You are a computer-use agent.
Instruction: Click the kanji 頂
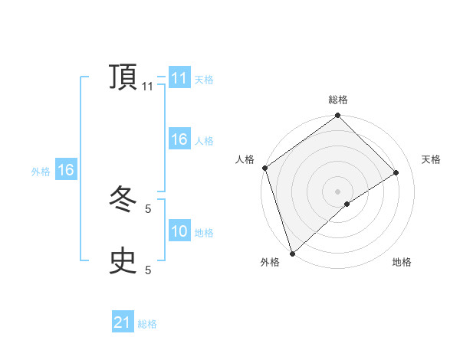click(x=123, y=78)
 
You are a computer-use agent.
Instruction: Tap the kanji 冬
click(x=123, y=201)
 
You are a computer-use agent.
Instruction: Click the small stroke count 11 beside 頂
click(x=148, y=87)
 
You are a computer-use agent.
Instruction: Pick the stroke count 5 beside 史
click(x=148, y=270)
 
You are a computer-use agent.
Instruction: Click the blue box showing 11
click(x=179, y=78)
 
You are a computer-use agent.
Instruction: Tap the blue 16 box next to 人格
click(x=179, y=139)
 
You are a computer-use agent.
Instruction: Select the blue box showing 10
click(x=179, y=231)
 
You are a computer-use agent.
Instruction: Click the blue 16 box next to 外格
click(x=65, y=170)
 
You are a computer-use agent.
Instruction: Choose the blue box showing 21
click(x=123, y=323)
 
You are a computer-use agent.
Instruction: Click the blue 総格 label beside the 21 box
click(x=147, y=324)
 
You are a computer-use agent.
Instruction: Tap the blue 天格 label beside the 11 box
click(x=204, y=79)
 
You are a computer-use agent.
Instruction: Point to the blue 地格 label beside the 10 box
click(x=204, y=232)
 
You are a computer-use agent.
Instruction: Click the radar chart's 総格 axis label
click(x=338, y=100)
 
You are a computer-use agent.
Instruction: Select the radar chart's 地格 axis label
click(x=402, y=262)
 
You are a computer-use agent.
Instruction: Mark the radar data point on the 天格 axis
click(x=396, y=172)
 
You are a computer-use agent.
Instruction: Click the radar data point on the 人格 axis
click(x=264, y=168)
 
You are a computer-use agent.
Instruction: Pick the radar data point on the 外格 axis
click(x=292, y=253)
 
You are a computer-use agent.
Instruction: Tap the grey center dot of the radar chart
click(x=337, y=191)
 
